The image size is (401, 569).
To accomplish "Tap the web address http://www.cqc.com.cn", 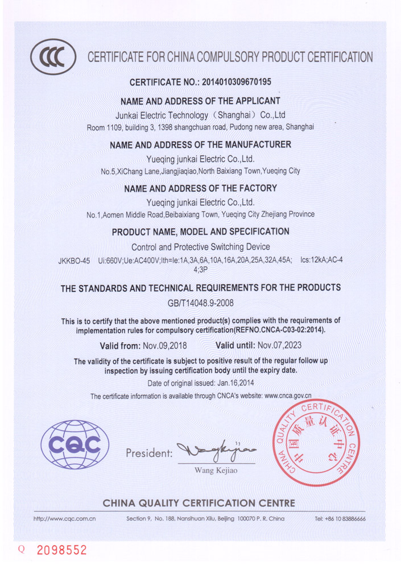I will (64, 519).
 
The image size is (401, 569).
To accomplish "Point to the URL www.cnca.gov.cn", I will (288, 395).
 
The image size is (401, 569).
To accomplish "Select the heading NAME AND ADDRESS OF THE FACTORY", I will (200, 188).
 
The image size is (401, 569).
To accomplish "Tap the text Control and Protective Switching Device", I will (201, 248).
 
